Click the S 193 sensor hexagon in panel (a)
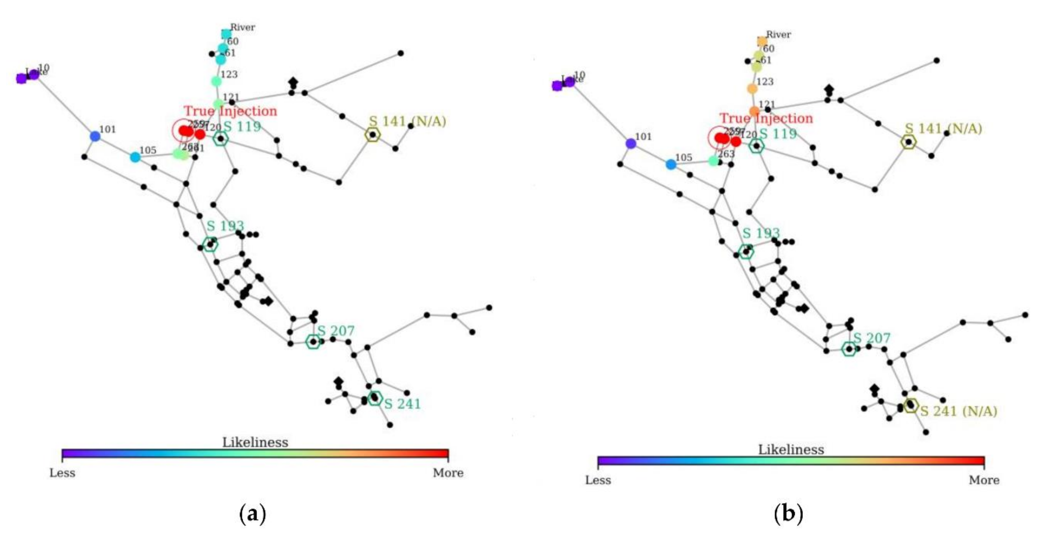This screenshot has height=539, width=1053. [x=210, y=245]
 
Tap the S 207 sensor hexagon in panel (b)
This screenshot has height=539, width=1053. [x=849, y=349]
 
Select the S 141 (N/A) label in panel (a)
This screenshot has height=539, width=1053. [x=407, y=121]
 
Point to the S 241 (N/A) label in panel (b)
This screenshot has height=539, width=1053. [x=959, y=411]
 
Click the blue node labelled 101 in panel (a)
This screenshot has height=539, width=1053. [x=95, y=136]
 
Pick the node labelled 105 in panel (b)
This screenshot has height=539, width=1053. [x=671, y=164]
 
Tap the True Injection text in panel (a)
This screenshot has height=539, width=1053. [x=230, y=111]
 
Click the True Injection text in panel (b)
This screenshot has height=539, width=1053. [x=766, y=118]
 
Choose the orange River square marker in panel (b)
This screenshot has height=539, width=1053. [x=762, y=41]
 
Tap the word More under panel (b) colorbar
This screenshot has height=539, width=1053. [x=984, y=480]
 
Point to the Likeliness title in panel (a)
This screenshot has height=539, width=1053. [x=255, y=442]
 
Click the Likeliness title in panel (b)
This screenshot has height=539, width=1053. [x=791, y=449]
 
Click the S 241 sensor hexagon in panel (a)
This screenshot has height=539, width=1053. [x=375, y=397]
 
